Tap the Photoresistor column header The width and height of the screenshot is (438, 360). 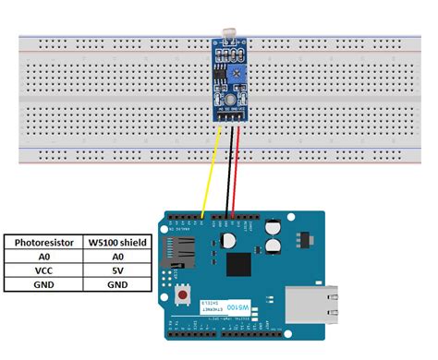tap(44, 243)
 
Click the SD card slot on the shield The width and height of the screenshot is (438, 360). tap(179, 248)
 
